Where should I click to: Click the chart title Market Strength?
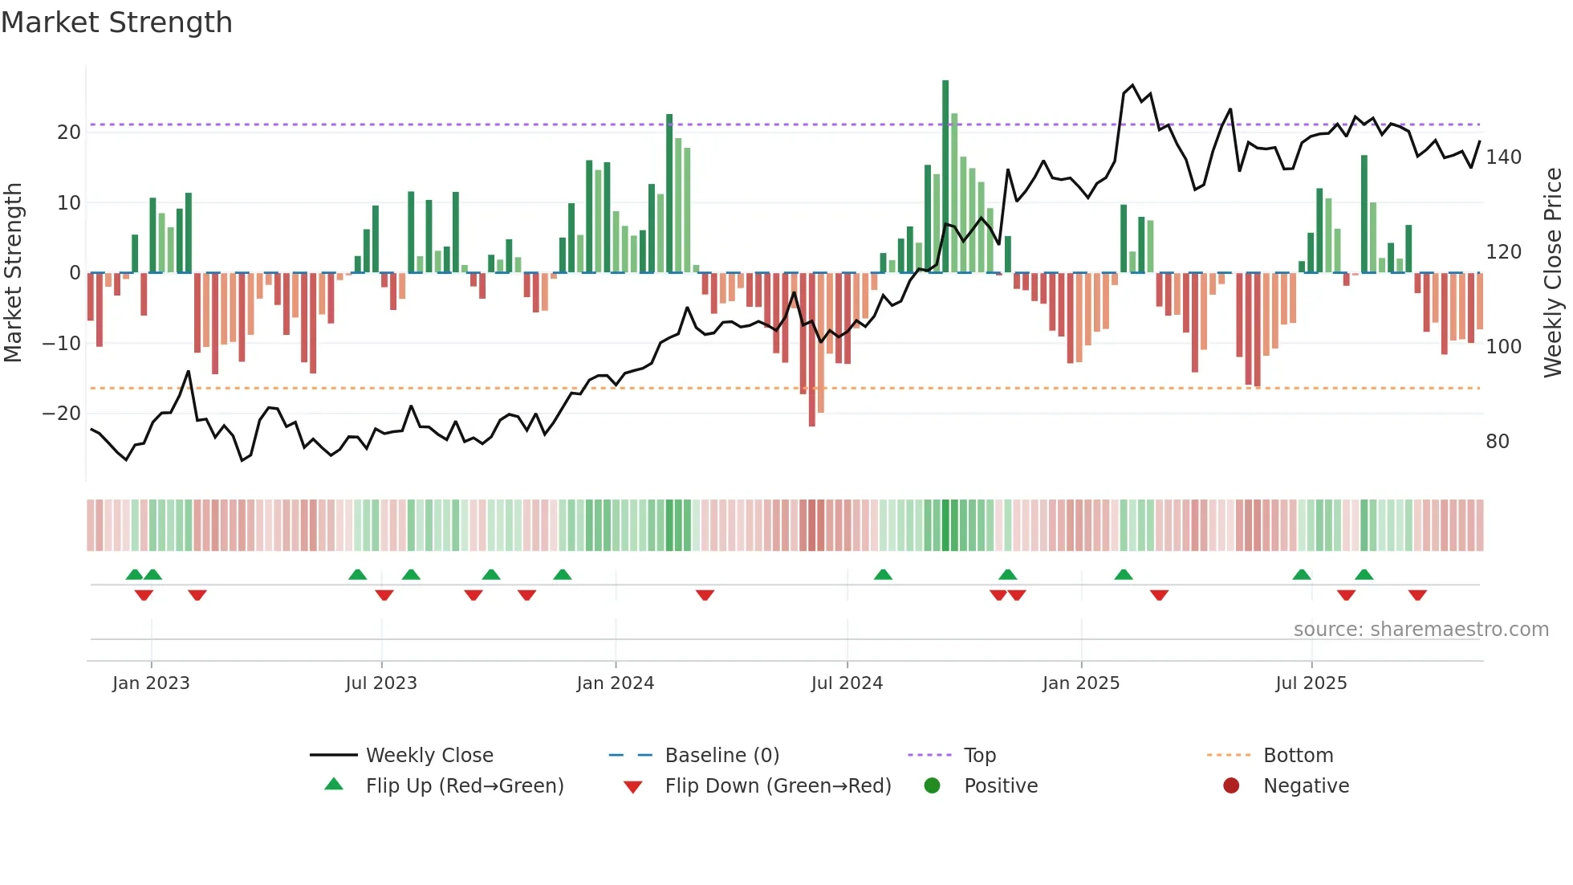(116, 22)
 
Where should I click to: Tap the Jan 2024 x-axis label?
(615, 683)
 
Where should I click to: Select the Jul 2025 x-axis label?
(1311, 683)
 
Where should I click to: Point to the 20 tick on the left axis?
(69, 133)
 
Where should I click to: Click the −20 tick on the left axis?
(62, 414)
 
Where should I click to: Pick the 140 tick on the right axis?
(1503, 157)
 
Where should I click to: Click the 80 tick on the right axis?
(1498, 442)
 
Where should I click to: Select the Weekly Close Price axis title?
(1553, 273)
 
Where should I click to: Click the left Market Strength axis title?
(14, 273)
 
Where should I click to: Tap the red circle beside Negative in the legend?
(1231, 786)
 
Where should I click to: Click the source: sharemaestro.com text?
(1421, 630)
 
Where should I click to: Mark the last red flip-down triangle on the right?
(1417, 595)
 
